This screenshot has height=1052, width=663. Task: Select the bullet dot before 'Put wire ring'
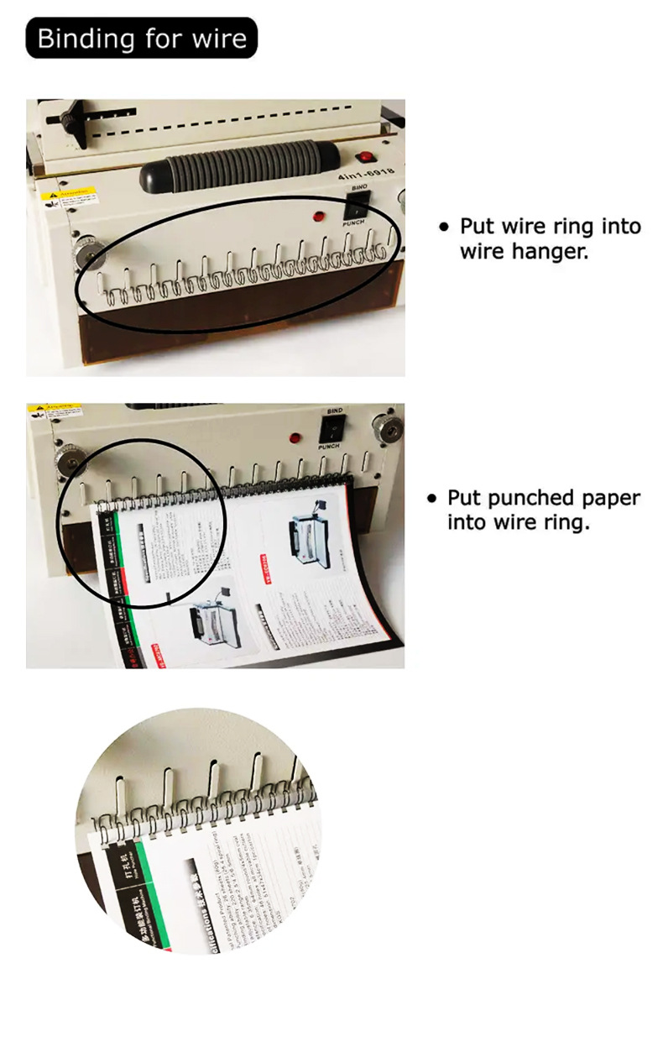pos(445,227)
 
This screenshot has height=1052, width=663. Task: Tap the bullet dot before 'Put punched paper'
pos(431,499)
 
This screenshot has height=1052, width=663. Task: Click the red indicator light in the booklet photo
pos(295,437)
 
